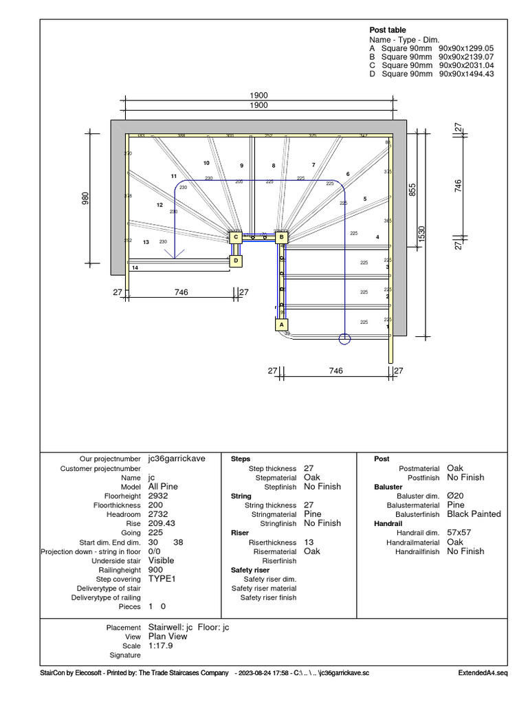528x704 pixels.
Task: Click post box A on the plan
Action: (x=280, y=324)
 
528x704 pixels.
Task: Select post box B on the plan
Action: (x=281, y=238)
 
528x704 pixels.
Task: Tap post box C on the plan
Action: (x=236, y=237)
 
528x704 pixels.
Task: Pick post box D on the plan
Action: (x=236, y=261)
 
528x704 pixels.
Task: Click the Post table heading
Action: (x=388, y=30)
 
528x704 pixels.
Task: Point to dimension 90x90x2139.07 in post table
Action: (x=466, y=57)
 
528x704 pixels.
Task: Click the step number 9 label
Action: (x=241, y=166)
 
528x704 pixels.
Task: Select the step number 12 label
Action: (x=159, y=205)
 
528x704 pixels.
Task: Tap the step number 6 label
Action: (x=348, y=174)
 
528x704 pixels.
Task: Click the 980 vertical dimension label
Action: (x=86, y=198)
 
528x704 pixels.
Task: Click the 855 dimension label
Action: (x=412, y=189)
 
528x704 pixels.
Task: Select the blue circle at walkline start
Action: (x=345, y=338)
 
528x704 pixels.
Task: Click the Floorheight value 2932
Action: (x=157, y=496)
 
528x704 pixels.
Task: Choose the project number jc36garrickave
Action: (x=177, y=459)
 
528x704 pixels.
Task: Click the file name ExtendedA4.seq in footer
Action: (x=483, y=672)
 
